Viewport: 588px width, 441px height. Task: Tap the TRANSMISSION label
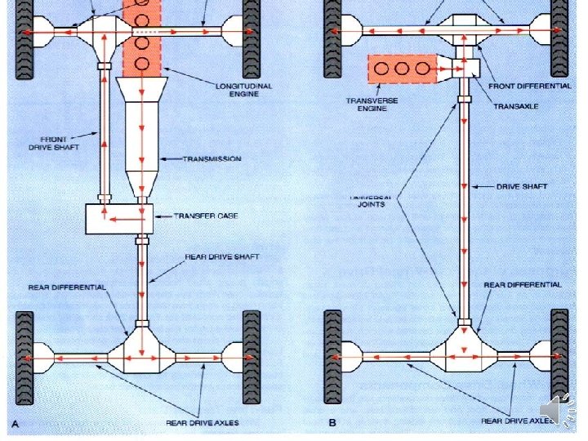(x=212, y=158)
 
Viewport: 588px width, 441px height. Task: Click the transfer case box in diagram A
(x=119, y=218)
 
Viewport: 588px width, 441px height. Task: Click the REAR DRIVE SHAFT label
(x=222, y=256)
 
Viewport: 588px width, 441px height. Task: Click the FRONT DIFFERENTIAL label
(x=529, y=86)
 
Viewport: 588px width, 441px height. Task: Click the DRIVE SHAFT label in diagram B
(x=522, y=187)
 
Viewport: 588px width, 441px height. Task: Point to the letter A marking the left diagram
(x=16, y=423)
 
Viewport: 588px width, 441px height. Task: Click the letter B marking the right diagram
(x=332, y=423)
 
